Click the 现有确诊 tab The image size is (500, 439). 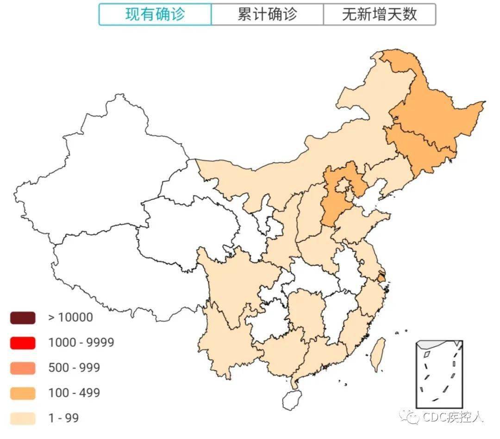coord(155,14)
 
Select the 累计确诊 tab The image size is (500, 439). coord(267,14)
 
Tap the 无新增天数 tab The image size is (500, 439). coord(379,14)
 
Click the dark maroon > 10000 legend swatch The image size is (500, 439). coord(22,318)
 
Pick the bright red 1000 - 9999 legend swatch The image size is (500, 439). coord(22,343)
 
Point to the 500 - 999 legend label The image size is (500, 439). coord(74,368)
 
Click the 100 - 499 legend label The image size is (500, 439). coord(74,393)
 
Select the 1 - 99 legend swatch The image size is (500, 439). coord(22,418)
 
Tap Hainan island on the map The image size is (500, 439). coord(292,399)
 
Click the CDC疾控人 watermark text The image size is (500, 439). coord(453,417)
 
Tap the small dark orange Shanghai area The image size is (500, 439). coord(381,278)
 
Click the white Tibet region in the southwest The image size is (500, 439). coord(116,268)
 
